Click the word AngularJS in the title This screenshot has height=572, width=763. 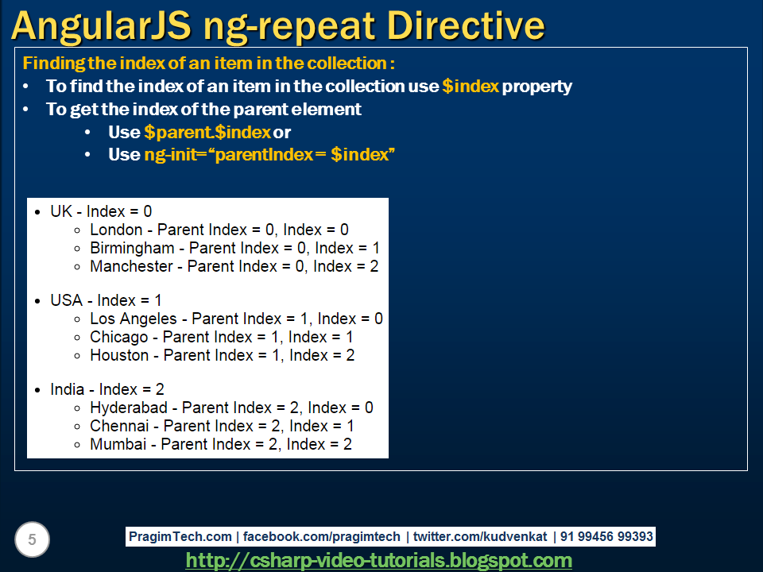101,27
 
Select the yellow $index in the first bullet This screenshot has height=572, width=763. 471,86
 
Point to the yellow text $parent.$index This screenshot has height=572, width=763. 207,132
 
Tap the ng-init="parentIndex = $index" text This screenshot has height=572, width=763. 269,155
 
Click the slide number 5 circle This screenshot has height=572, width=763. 32,539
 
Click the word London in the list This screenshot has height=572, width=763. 116,230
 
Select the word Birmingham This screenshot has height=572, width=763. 132,248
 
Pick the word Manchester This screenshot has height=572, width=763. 131,266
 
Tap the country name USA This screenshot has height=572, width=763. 66,300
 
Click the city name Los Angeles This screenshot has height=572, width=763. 134,319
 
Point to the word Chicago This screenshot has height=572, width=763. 118,337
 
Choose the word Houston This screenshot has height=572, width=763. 119,355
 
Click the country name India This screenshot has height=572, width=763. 67,389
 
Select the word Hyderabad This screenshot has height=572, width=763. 129,408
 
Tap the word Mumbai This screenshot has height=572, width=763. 118,444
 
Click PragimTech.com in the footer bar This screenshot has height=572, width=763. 180,536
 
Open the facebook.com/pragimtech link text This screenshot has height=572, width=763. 322,536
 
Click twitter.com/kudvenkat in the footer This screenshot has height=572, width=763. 480,536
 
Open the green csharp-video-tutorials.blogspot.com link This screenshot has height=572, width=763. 379,560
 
